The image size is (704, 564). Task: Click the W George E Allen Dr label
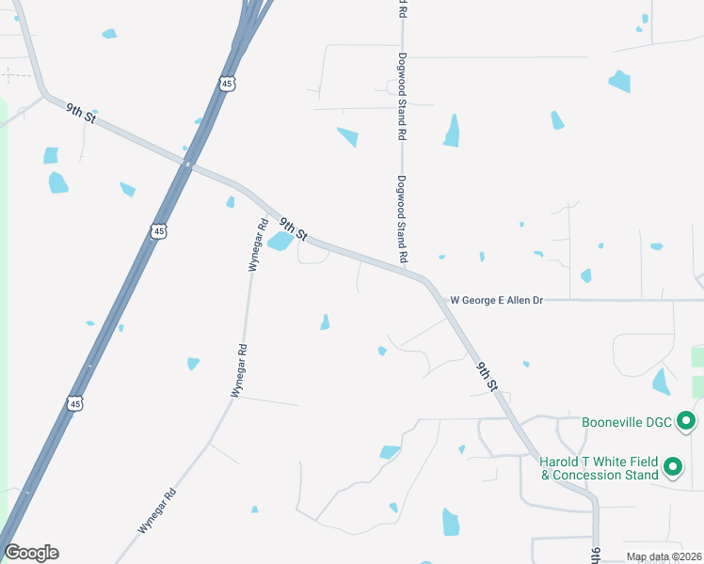tap(497, 300)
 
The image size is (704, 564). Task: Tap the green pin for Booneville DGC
tap(686, 421)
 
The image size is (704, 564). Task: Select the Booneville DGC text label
tap(627, 422)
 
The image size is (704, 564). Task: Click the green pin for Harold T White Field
tap(673, 466)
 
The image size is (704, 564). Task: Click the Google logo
tap(31, 553)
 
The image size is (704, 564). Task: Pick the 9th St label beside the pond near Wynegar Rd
tap(295, 227)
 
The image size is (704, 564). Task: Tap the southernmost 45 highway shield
tap(75, 402)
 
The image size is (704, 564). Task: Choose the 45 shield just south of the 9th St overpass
tap(158, 230)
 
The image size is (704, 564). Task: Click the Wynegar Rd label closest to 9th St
tap(257, 244)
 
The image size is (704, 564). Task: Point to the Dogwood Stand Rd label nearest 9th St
tap(402, 219)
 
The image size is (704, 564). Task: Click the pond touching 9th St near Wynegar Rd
tap(280, 242)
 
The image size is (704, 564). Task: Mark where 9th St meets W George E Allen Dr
tap(438, 299)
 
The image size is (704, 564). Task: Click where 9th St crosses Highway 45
tap(189, 165)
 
